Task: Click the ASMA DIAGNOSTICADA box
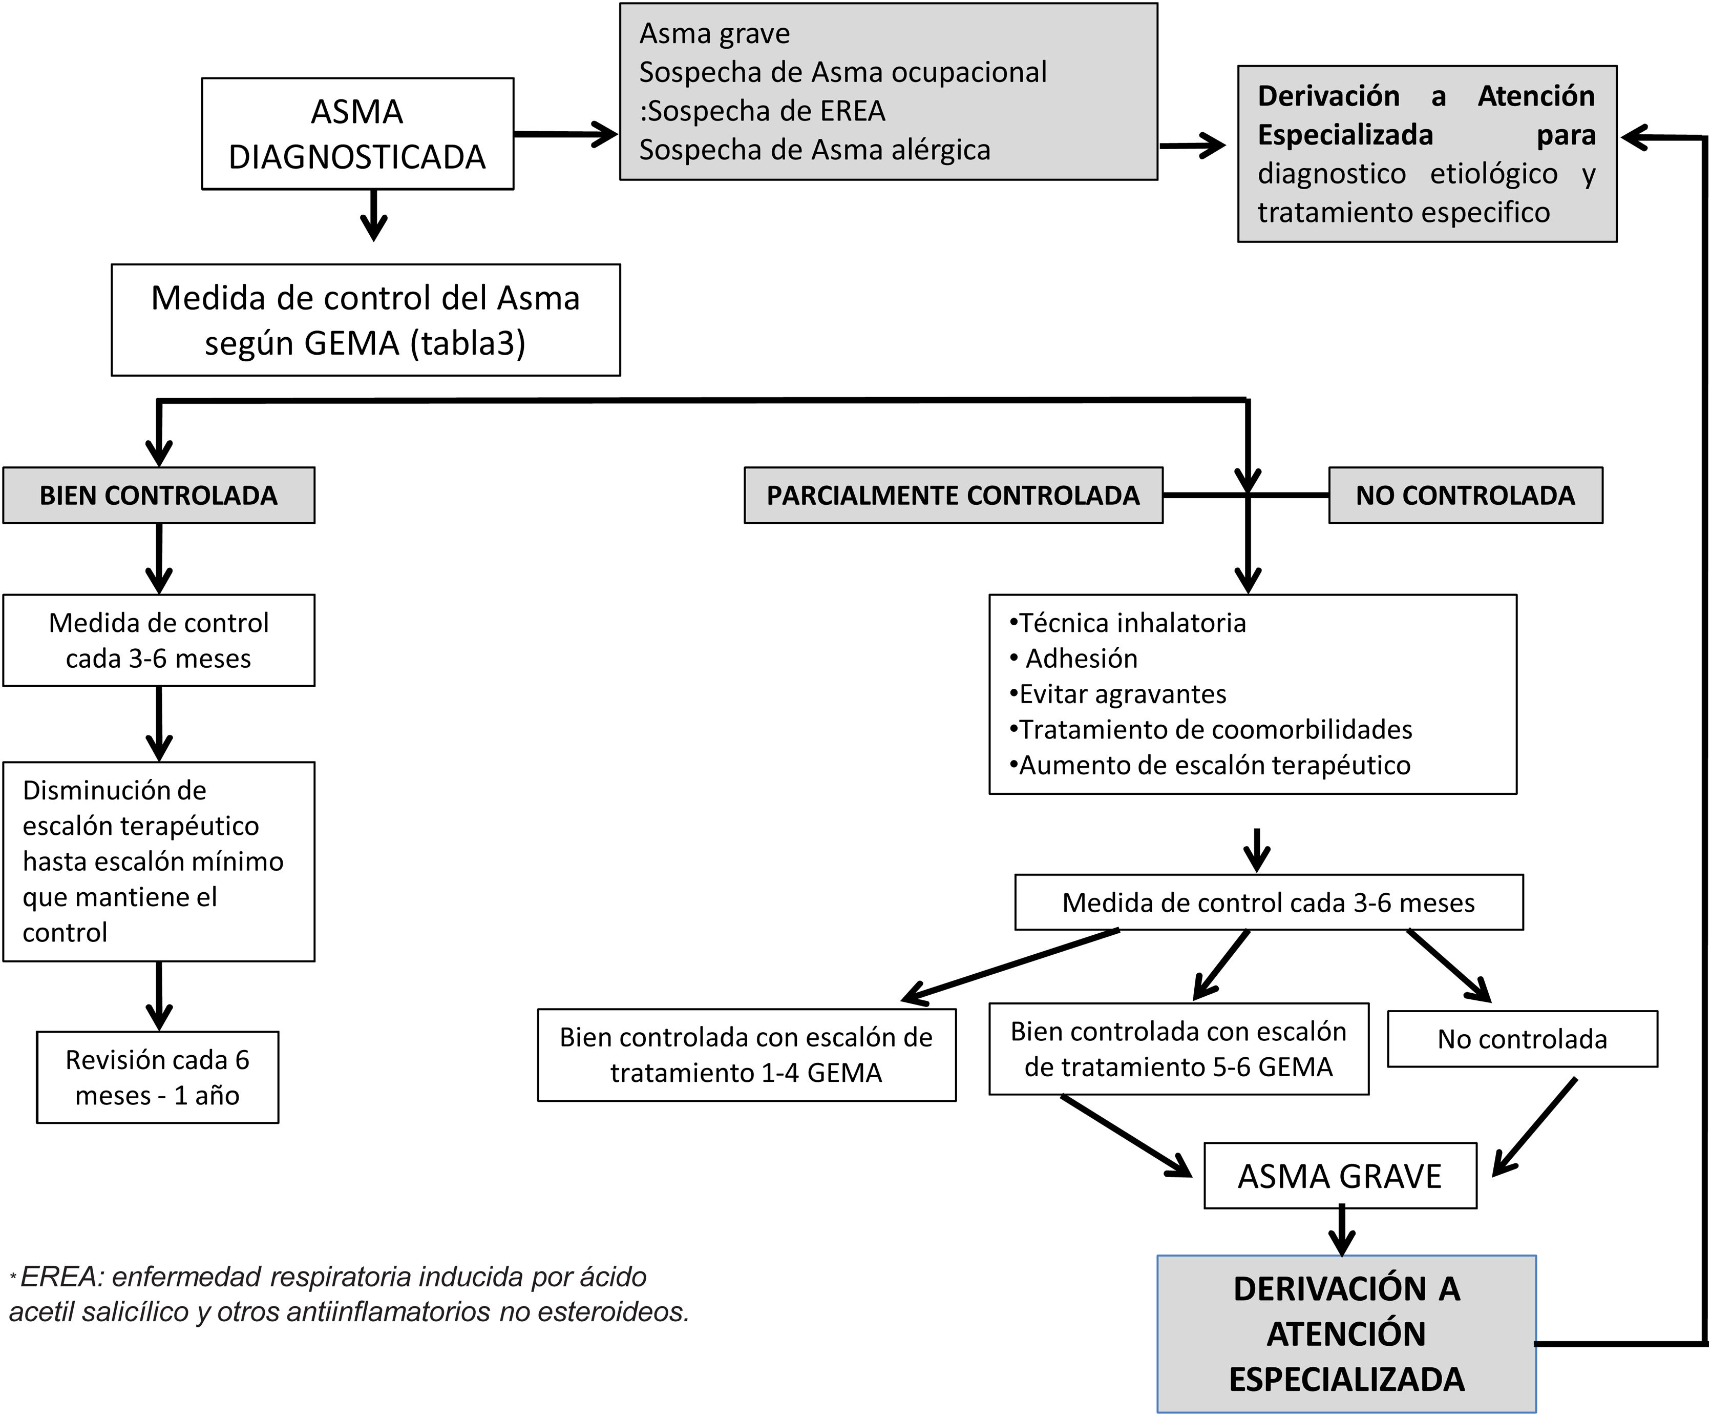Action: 357,134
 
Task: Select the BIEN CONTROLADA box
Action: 158,495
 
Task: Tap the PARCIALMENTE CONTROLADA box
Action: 953,495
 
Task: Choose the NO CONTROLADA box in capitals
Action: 1465,495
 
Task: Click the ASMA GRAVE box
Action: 1340,1176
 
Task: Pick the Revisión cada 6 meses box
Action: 157,1077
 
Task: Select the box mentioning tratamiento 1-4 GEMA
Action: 746,1055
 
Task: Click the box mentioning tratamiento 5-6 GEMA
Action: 1178,1049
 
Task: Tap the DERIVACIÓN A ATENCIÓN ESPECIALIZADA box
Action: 1346,1333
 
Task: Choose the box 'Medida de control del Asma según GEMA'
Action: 365,320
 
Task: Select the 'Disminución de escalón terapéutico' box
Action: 158,861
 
